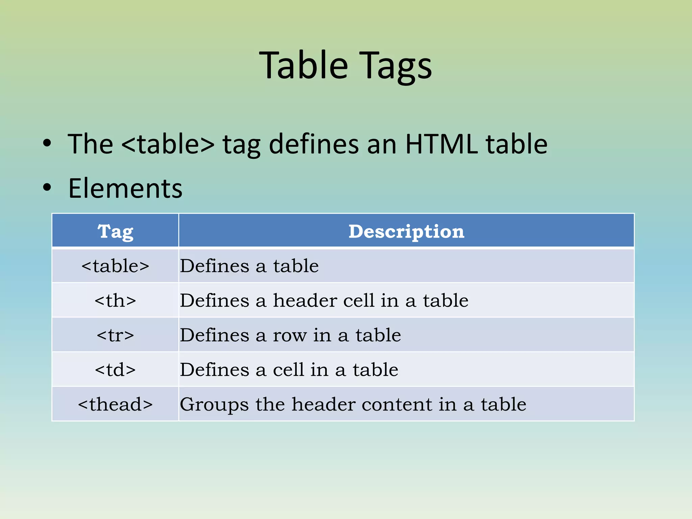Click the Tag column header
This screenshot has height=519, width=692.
pos(115,231)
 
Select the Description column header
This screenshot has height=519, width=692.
pos(406,231)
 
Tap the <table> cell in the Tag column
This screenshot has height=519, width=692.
pos(115,266)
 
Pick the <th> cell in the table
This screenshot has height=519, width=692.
pos(115,301)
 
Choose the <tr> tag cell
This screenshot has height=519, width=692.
pos(115,335)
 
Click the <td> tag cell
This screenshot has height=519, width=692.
pos(115,370)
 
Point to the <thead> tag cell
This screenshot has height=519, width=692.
pos(115,404)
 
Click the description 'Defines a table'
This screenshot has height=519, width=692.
pos(249,266)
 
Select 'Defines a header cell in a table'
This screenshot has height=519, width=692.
pos(324,301)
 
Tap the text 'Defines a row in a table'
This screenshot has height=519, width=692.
pos(290,335)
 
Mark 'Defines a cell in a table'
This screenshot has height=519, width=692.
pos(289,370)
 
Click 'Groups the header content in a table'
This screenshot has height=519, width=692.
pos(353,404)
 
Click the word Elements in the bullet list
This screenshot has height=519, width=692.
pos(125,188)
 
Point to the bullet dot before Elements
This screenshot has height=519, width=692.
pos(47,187)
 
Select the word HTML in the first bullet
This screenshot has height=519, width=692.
pos(441,144)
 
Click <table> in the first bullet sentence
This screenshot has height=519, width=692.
pos(168,144)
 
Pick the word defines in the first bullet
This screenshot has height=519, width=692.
pos(314,144)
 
